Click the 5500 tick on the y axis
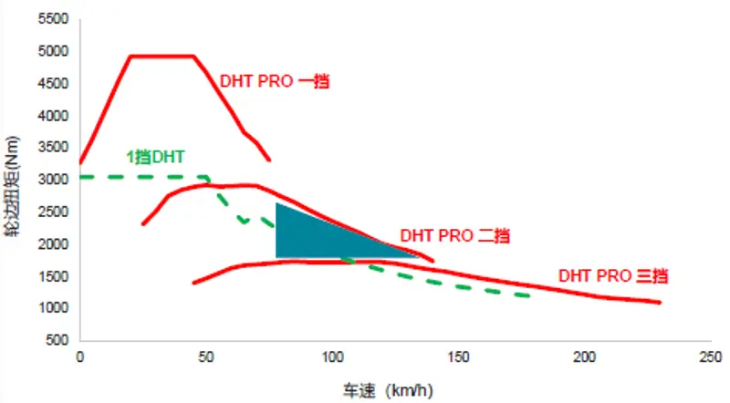[54, 19]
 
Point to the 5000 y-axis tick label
[54, 52]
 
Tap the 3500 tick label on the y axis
[54, 148]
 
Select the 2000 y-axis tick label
[54, 244]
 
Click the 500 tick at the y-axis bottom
[57, 340]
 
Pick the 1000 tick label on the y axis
[54, 308]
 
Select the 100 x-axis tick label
[333, 356]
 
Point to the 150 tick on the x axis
[459, 356]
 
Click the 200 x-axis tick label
[585, 356]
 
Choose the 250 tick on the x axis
[711, 356]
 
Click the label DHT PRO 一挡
[274, 80]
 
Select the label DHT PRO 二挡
[453, 234]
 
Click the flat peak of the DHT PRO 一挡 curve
[162, 56]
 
